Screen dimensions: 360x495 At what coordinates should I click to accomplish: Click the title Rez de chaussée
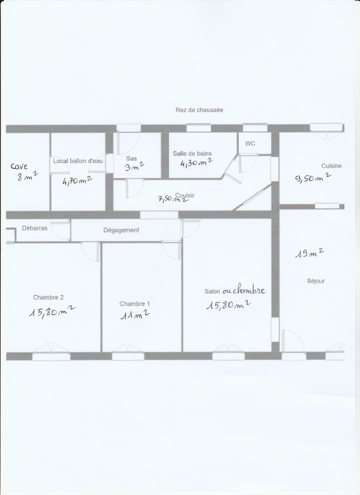click(199, 110)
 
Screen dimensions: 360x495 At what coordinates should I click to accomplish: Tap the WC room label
click(250, 143)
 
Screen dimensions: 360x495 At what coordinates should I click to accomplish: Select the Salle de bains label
click(192, 154)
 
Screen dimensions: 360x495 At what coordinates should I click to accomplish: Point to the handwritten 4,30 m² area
click(196, 163)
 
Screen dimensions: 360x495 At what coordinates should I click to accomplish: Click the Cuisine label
click(331, 166)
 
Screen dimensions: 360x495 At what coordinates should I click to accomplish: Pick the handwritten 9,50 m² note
click(313, 178)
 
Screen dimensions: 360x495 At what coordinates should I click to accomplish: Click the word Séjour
click(316, 281)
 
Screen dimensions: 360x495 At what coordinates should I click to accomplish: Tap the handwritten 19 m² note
click(310, 253)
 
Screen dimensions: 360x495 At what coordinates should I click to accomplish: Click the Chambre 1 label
click(134, 304)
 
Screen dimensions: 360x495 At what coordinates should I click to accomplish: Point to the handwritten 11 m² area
click(135, 314)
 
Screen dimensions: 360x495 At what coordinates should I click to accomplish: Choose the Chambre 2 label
click(49, 298)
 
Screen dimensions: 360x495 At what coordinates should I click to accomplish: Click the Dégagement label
click(121, 230)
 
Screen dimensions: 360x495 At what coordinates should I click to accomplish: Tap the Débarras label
click(34, 228)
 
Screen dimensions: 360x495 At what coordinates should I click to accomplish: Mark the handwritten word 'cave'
click(19, 166)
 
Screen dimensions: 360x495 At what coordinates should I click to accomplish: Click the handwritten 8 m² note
click(28, 176)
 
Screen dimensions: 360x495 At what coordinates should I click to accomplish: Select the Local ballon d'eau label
click(77, 161)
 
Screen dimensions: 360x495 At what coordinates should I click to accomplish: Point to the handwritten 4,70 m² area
click(77, 181)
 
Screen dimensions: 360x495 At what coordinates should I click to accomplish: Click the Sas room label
click(131, 158)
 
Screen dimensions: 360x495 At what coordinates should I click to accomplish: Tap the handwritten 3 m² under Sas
click(134, 166)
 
